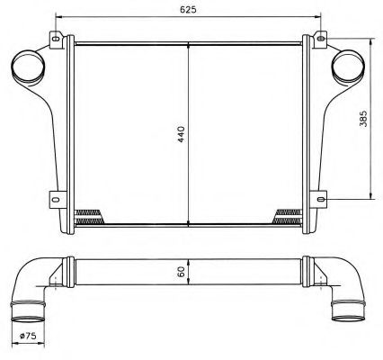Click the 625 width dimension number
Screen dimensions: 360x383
click(x=188, y=8)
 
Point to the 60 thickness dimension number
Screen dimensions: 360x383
click(x=181, y=271)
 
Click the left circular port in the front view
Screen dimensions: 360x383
click(x=25, y=67)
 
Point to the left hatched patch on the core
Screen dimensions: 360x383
click(x=90, y=216)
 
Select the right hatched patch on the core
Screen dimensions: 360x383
click(x=288, y=216)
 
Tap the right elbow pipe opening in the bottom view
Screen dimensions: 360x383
click(x=346, y=314)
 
